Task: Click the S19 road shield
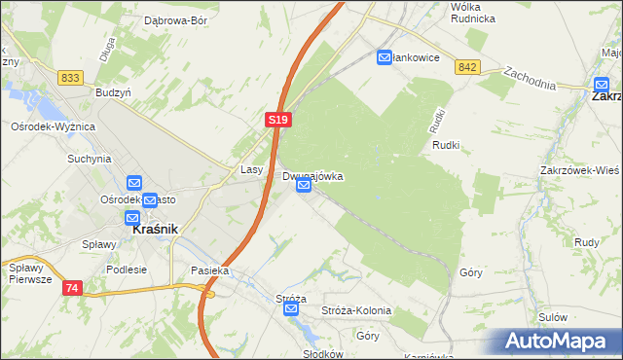(x=277, y=119)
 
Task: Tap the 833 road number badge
(x=69, y=77)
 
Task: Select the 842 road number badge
(x=467, y=66)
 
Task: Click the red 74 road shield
(x=72, y=288)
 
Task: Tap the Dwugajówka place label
(x=312, y=176)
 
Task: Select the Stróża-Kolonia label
(x=356, y=310)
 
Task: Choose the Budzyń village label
(x=114, y=91)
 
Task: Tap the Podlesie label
(x=127, y=270)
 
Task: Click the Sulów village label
(x=552, y=316)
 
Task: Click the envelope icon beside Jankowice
(x=385, y=57)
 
